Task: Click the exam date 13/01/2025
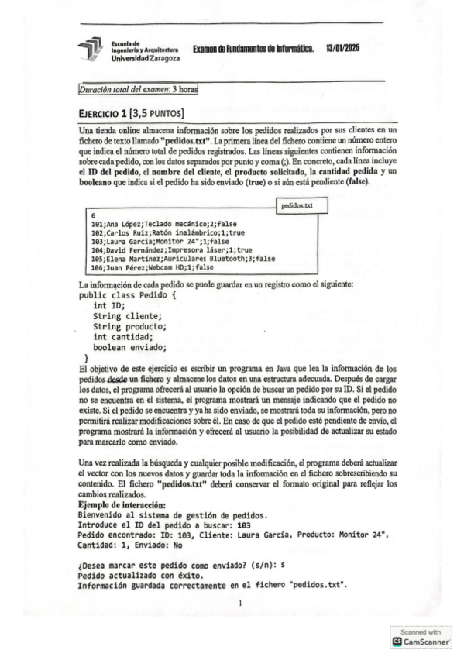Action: tap(342, 48)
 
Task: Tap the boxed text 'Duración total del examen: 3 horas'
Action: tap(139, 90)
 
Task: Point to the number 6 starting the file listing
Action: tap(93, 215)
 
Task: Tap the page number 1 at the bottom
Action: tap(241, 602)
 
